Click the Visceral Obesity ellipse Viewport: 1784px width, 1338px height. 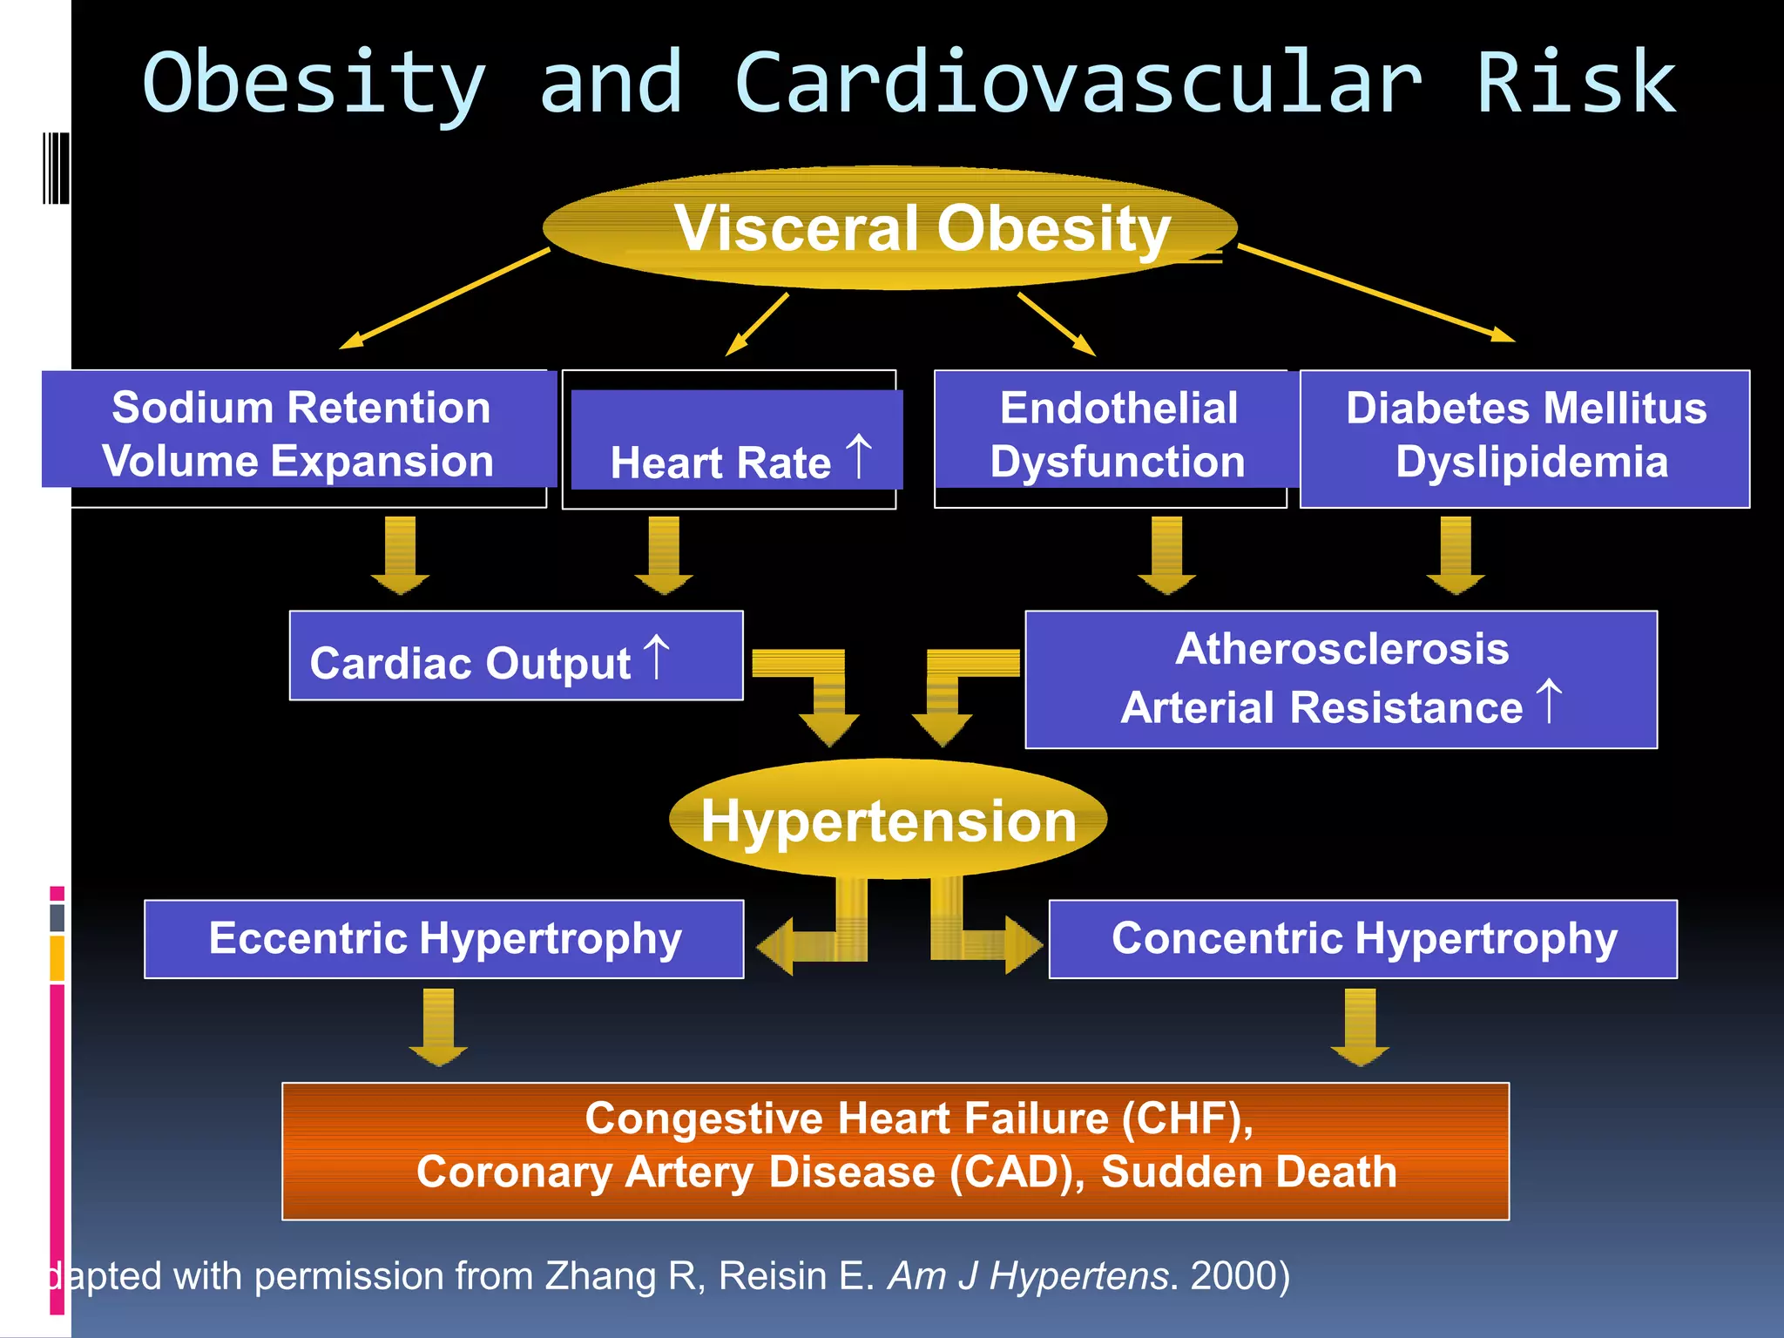889,228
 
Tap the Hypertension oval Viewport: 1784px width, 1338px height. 889,819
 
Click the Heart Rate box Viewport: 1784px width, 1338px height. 736,441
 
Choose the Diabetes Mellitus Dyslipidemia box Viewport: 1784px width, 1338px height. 1525,437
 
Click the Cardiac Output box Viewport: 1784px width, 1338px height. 516,656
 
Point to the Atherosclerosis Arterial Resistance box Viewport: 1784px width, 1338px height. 1341,679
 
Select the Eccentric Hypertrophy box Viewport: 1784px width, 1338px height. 444,939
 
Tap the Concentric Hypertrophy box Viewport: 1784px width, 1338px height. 1363,939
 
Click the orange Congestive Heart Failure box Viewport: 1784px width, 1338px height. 895,1151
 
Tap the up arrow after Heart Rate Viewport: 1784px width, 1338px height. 859,456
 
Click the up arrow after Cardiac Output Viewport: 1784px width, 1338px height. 657,657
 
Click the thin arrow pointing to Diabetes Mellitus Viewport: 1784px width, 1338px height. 1376,293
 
